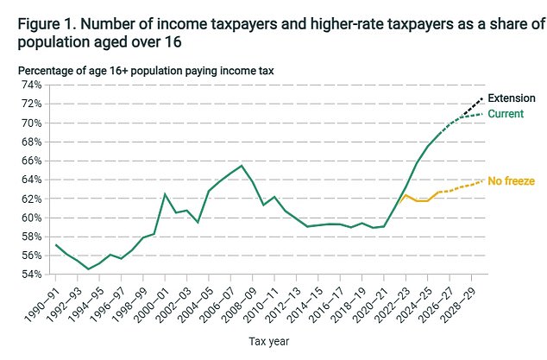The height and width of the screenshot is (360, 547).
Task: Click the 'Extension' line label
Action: pos(512,98)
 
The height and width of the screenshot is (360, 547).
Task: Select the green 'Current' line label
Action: pos(506,114)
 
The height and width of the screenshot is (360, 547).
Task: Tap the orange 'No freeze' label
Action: pos(512,180)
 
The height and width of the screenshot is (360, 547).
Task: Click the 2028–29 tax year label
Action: pos(461,301)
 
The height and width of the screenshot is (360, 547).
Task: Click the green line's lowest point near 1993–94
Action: pos(88,268)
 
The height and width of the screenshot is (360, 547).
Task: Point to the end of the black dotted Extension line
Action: pos(483,98)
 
